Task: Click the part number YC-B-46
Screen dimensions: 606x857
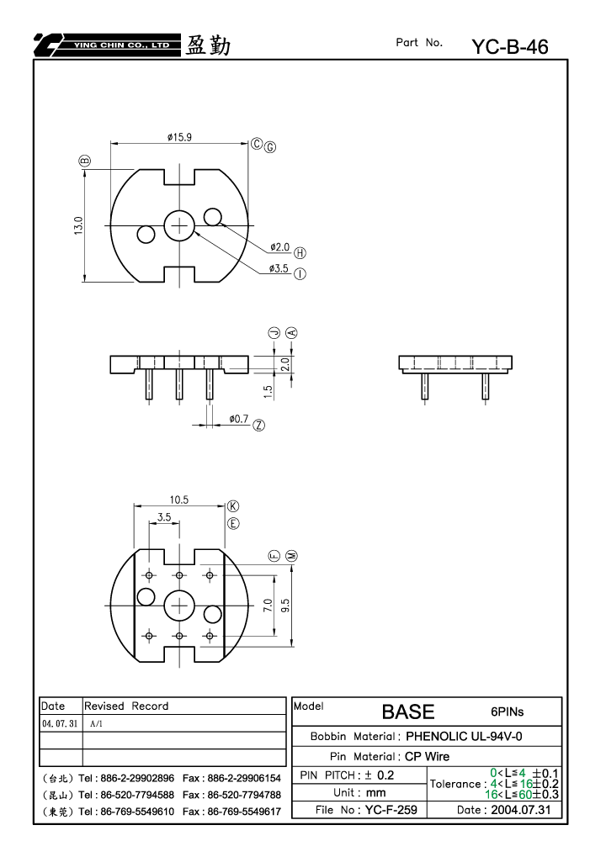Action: tap(510, 47)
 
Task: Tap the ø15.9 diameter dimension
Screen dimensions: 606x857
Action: tap(179, 137)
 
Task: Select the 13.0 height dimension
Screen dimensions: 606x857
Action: tap(78, 225)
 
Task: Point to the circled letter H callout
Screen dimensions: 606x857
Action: tap(300, 253)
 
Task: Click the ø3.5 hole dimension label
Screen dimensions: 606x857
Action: tap(279, 268)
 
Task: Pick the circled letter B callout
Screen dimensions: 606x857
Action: tap(85, 161)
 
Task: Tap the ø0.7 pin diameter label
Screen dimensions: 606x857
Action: tap(239, 419)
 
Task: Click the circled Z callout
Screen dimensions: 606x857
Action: tap(258, 426)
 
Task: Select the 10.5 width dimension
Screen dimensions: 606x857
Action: tap(178, 500)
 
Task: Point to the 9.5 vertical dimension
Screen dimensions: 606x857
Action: tap(285, 606)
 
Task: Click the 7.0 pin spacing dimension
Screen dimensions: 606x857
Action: tap(268, 606)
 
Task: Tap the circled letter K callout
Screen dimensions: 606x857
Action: tap(233, 506)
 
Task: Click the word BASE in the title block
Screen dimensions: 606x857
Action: tap(408, 712)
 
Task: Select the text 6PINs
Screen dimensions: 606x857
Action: tap(507, 712)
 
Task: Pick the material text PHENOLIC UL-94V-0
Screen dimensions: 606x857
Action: tap(464, 736)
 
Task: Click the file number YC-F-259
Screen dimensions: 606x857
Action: tap(391, 809)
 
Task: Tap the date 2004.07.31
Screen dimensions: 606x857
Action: tap(521, 809)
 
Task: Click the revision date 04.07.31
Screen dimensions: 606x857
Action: tap(60, 723)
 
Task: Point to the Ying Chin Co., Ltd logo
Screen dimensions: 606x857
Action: tap(107, 45)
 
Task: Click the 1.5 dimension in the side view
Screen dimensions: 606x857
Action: tap(268, 391)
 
